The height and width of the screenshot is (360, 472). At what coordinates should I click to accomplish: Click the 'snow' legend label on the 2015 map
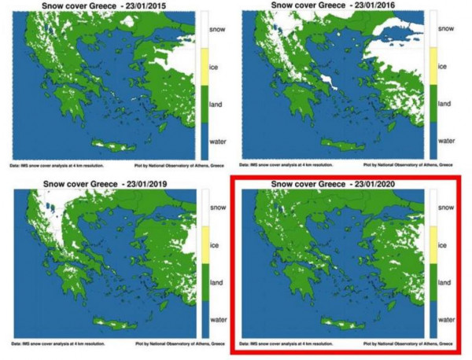217,29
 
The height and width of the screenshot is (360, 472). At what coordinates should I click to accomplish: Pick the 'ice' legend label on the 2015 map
213,67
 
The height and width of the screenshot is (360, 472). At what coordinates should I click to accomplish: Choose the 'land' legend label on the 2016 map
444,104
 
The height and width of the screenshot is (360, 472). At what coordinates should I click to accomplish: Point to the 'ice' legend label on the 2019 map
213,244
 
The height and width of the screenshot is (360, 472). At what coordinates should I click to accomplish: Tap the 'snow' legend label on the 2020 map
444,208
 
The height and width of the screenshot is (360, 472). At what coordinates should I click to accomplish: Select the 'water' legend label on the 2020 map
446,320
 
